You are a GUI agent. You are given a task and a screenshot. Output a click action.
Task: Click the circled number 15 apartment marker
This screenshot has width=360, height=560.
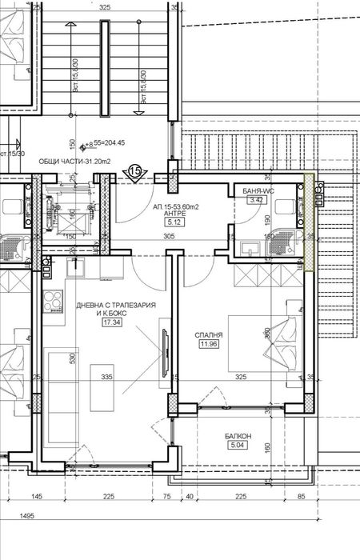135,170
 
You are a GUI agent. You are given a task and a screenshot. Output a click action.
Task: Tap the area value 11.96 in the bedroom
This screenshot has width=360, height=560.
210,345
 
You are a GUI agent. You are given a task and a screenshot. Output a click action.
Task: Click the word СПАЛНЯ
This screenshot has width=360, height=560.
209,334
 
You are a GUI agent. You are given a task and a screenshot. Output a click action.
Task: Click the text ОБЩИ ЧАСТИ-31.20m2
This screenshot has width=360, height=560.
75,161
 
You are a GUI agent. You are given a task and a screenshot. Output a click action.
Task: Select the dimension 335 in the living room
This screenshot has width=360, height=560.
106,376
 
